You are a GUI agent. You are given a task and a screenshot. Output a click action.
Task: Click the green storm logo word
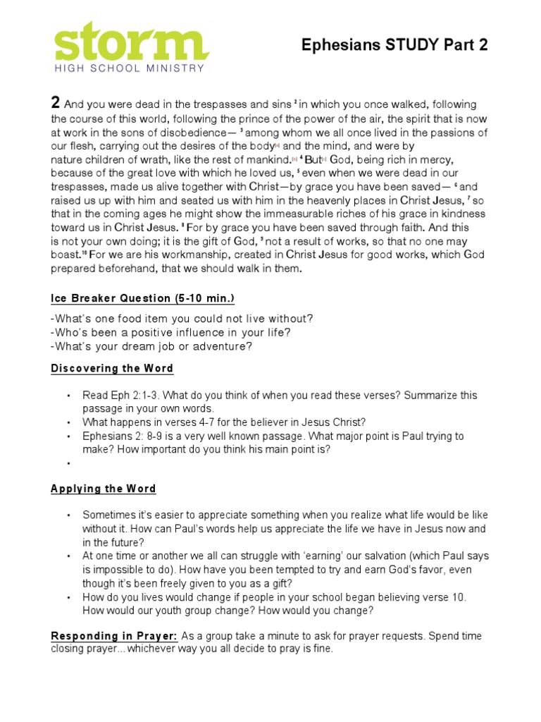coord(131,42)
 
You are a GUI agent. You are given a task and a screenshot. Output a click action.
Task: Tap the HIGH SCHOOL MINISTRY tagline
coord(130,68)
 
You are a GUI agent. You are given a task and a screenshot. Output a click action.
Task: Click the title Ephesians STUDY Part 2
coord(394,45)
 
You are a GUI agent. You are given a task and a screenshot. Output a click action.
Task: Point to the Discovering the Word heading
coord(112,369)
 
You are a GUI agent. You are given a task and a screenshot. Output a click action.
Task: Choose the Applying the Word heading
coord(104,489)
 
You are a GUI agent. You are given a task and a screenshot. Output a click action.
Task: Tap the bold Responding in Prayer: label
coord(114,636)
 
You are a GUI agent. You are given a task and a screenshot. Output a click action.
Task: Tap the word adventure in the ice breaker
coord(223,346)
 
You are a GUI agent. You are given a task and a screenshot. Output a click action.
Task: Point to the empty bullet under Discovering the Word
coord(69,463)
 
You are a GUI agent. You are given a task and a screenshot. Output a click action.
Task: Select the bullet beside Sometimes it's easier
coord(69,515)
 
